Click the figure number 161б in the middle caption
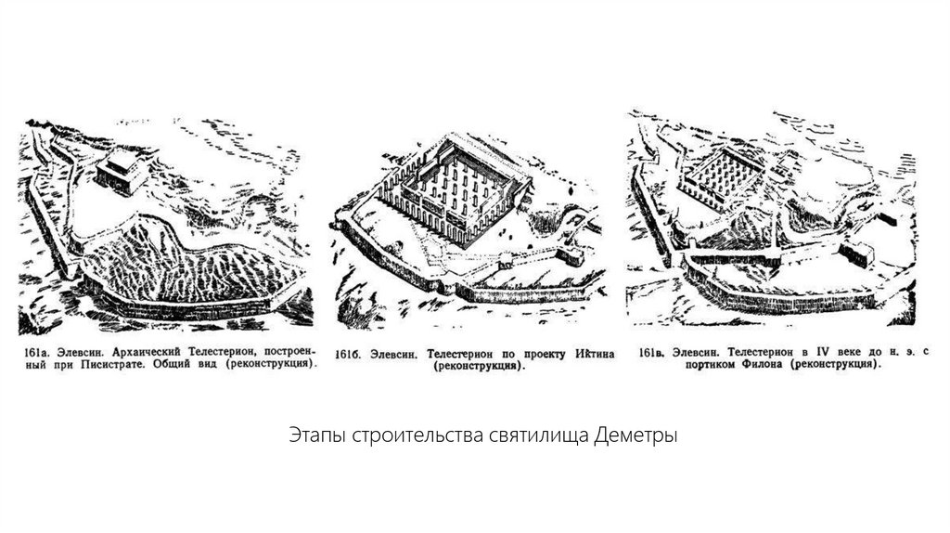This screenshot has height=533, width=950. click(348, 355)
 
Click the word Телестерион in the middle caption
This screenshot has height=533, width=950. click(466, 354)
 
